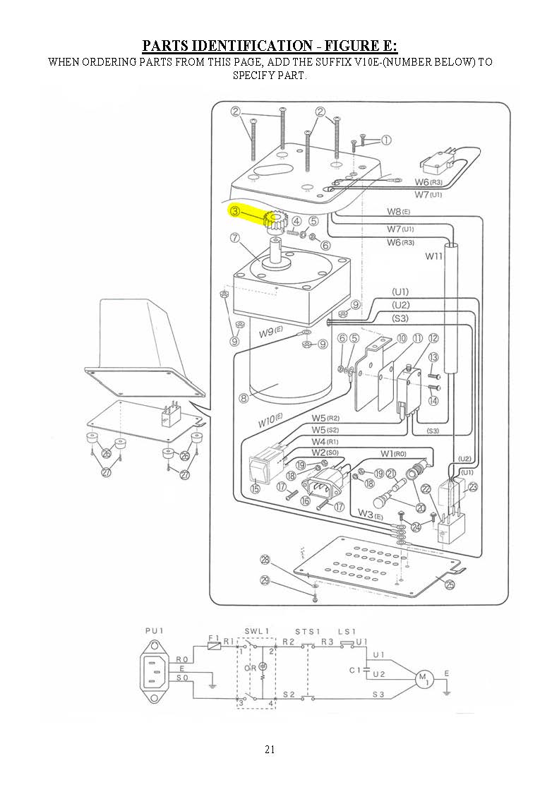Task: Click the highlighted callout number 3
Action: coord(235,210)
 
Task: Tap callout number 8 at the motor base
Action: coord(244,398)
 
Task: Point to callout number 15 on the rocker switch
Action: coord(255,488)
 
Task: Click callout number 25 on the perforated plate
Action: coord(450,583)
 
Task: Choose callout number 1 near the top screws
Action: coord(386,140)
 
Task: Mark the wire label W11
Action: coord(433,256)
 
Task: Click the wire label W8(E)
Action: coord(398,212)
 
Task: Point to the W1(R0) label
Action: coord(393,453)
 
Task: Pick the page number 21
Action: coord(270,749)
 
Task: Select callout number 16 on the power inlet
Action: coord(305,500)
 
